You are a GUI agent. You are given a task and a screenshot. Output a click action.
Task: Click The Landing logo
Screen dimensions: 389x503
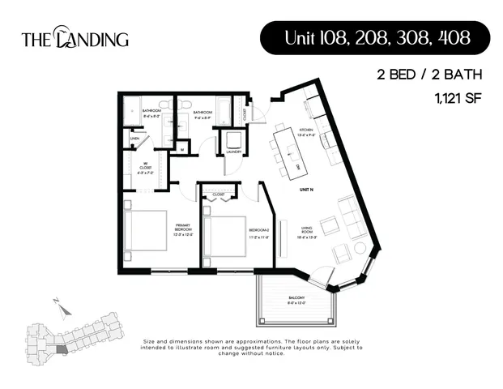(x=75, y=38)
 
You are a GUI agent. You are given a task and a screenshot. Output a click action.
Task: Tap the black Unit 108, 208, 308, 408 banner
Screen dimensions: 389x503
(x=375, y=37)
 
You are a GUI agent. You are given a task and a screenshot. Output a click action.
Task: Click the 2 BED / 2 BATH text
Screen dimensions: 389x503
(x=429, y=75)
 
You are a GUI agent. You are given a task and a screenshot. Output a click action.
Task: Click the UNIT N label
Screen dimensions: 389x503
(x=306, y=187)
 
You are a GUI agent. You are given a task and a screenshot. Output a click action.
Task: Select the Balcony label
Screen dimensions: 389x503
(x=296, y=299)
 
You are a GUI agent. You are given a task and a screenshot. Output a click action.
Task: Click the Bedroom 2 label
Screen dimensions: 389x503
(x=259, y=233)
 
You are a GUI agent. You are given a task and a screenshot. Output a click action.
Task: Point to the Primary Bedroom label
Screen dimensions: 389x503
(x=182, y=231)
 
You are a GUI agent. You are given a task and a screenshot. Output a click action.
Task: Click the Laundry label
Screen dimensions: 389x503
(x=235, y=151)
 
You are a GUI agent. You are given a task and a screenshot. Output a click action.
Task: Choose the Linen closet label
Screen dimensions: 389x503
(x=135, y=139)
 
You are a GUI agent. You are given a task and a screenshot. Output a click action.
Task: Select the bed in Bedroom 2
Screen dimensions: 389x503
(x=224, y=235)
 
